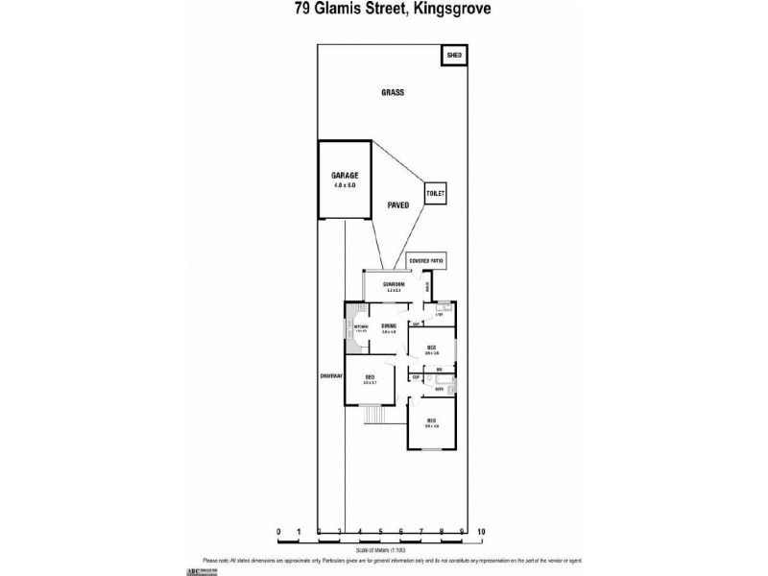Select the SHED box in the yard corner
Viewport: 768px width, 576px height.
454,56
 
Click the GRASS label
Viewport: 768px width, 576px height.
392,93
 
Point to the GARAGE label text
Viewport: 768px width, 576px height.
345,176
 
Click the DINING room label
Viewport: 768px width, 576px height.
389,326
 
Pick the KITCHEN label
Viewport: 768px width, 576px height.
362,327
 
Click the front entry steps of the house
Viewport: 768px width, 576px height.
374,416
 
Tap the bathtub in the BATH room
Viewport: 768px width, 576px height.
451,388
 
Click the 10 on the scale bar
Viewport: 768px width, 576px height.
481,531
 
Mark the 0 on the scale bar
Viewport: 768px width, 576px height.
278,531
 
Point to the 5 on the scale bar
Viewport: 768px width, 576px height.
380,531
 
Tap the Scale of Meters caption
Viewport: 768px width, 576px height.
379,550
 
